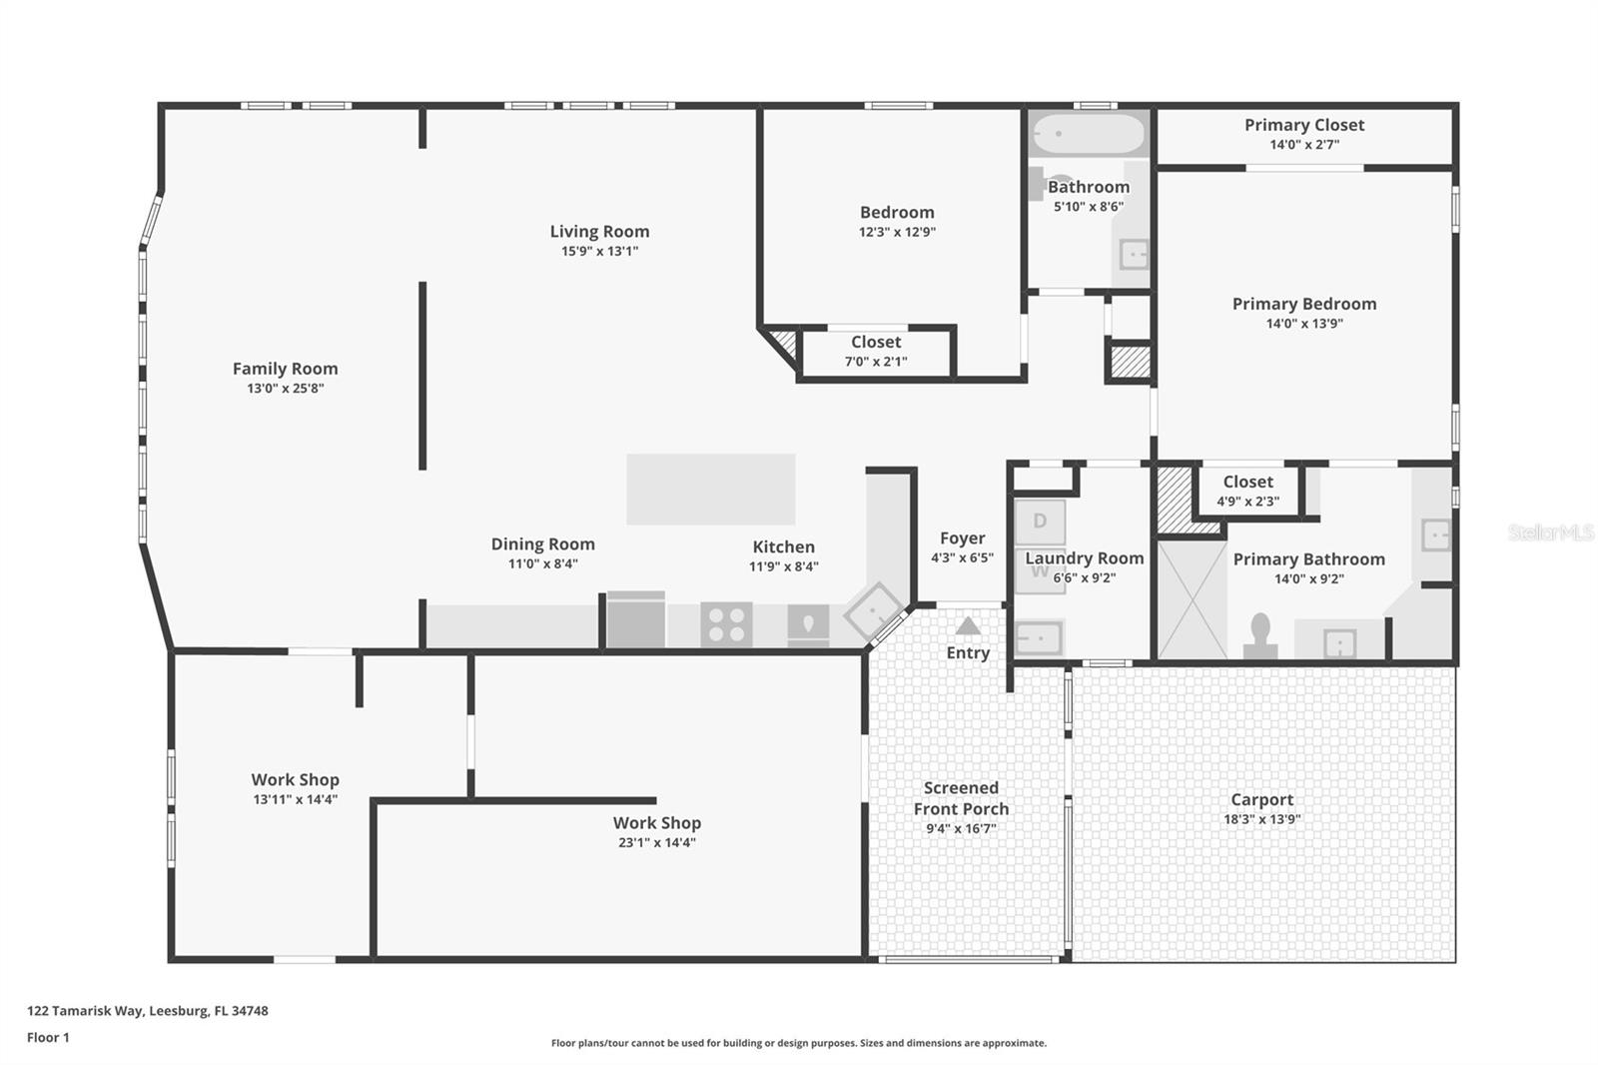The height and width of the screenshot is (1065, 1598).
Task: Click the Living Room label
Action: [599, 232]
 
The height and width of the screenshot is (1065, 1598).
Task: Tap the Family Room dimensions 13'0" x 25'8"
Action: [286, 389]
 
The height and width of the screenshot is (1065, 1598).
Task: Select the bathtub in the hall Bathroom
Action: [1088, 134]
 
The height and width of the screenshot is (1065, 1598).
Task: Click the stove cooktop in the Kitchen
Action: [726, 624]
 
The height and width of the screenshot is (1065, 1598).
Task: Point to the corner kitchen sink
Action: [874, 611]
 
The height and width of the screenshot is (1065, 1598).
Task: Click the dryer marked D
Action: [1040, 522]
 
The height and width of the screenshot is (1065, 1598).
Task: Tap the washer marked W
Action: [1040, 573]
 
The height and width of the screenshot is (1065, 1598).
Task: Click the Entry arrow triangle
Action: [967, 626]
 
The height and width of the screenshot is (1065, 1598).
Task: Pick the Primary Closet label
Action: [1303, 125]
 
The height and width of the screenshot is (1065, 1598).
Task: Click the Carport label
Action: [1261, 799]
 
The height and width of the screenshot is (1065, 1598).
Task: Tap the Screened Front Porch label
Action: [961, 798]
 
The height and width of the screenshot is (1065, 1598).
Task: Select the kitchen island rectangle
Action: [710, 489]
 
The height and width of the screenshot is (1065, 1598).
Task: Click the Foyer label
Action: [962, 538]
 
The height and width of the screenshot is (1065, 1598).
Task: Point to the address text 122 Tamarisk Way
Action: [147, 1010]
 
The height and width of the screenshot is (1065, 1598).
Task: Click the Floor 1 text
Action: [48, 1037]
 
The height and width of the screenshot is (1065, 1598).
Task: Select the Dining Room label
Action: [542, 544]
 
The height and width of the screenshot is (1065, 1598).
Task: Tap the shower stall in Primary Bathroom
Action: [1191, 599]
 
